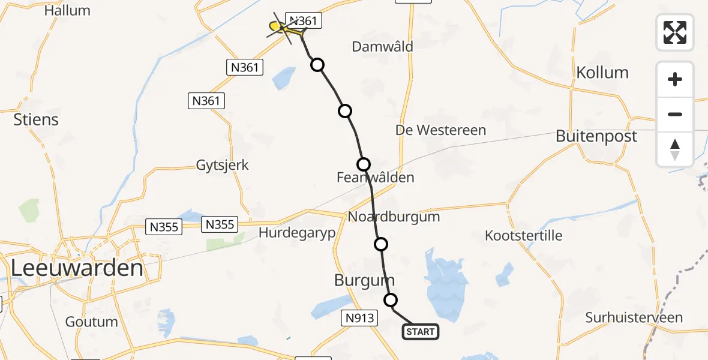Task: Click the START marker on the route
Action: (x=420, y=332)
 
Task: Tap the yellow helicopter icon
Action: (x=277, y=26)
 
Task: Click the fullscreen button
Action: (x=675, y=32)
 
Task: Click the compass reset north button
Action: (x=675, y=149)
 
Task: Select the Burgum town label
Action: (x=365, y=280)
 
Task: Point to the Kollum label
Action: (x=602, y=73)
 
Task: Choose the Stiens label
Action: (x=36, y=119)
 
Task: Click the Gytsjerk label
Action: (x=222, y=165)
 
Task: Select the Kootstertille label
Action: (x=524, y=235)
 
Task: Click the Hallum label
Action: (x=67, y=10)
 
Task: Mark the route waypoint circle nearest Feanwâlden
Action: (x=364, y=164)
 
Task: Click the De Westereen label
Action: (x=441, y=130)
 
